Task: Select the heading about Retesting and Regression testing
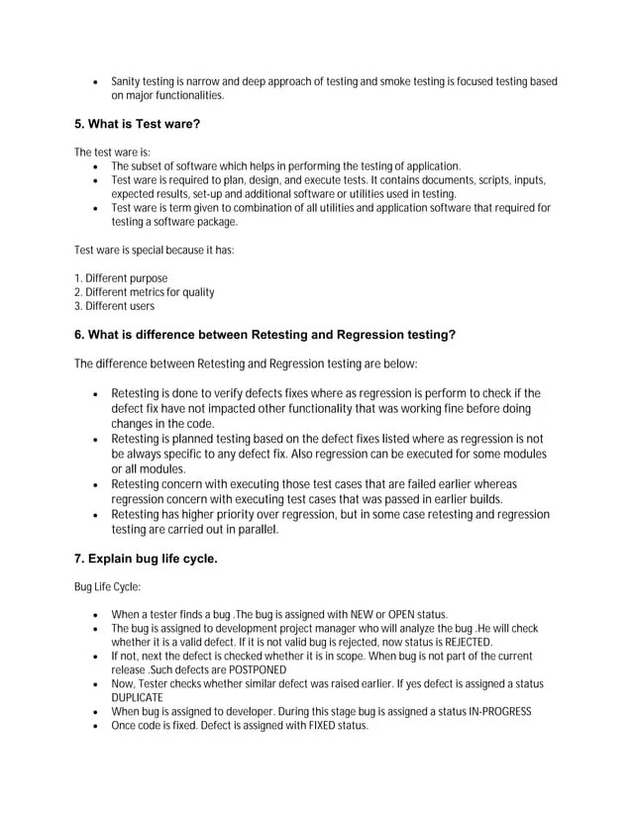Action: [264, 335]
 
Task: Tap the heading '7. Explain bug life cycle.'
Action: [146, 560]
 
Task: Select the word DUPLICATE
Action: [139, 697]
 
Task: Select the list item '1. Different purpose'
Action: [121, 278]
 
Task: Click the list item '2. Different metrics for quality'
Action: [145, 292]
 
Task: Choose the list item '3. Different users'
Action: [114, 306]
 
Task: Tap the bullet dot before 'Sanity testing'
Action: [94, 82]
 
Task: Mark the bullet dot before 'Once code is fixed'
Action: [94, 726]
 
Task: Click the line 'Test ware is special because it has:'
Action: [155, 251]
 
